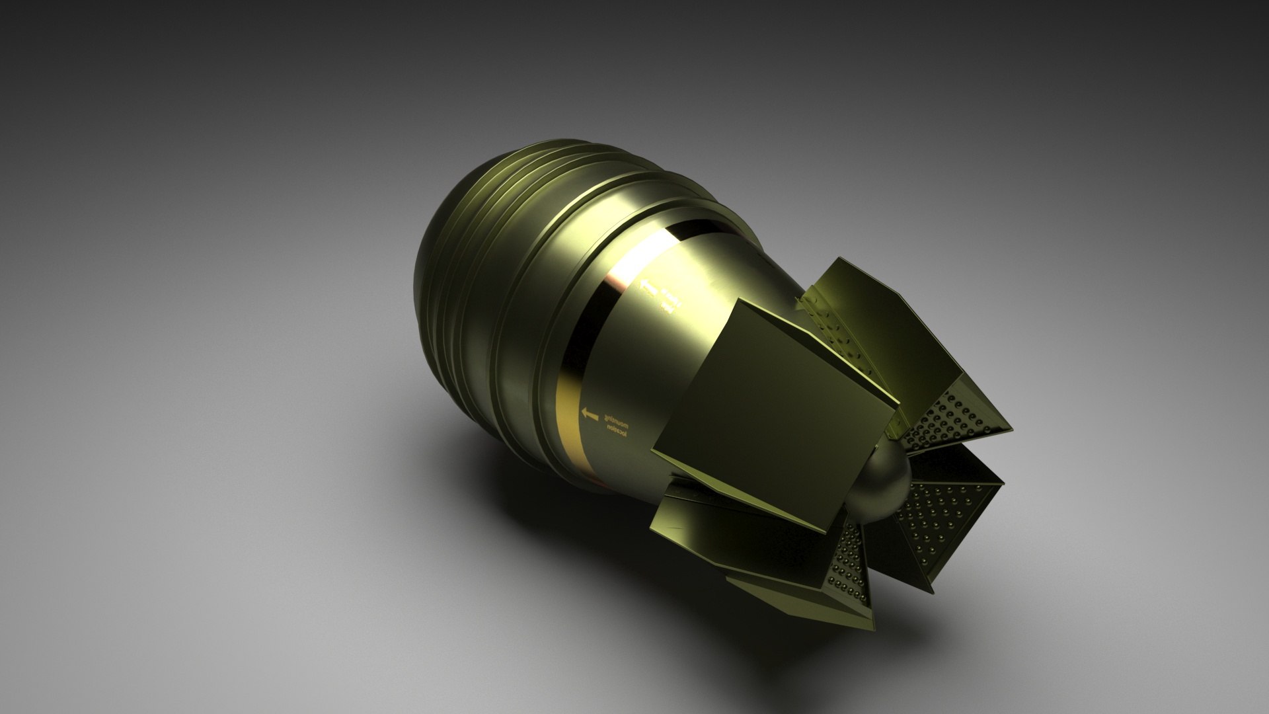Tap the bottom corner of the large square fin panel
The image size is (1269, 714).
pos(826,532)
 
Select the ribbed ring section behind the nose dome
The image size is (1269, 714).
pos(502,218)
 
